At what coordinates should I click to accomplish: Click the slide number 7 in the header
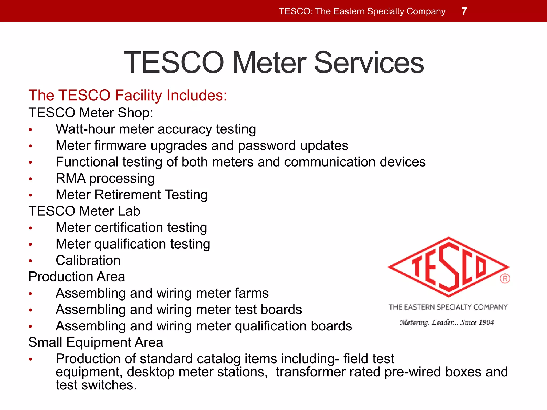click(464, 11)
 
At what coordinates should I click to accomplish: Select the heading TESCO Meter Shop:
click(91, 113)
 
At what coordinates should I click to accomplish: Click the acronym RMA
click(71, 178)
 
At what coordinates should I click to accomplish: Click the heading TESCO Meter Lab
click(84, 211)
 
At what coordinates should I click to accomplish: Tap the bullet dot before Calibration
click(30, 261)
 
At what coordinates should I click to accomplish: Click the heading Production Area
click(77, 277)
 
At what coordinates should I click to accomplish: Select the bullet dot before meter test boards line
click(30, 310)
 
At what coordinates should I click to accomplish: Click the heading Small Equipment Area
click(96, 342)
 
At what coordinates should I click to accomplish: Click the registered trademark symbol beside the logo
click(505, 279)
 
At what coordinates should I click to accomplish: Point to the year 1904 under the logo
click(486, 322)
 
